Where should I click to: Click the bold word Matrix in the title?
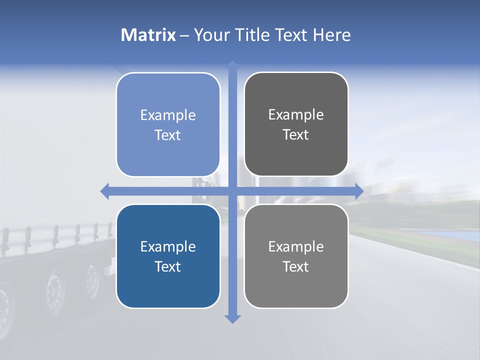[148, 35]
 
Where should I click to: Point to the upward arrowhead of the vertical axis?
[232, 65]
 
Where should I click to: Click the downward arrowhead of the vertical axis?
[232, 318]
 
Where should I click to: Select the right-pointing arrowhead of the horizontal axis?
[358, 191]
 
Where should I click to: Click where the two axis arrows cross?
[232, 191]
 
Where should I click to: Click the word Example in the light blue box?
[168, 115]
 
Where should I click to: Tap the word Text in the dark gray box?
[296, 135]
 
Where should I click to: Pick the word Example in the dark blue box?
[168, 247]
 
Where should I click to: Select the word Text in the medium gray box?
[296, 267]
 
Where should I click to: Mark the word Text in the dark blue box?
[168, 267]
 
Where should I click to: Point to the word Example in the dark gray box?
[296, 115]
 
